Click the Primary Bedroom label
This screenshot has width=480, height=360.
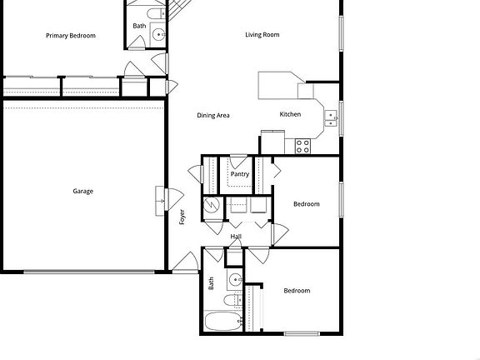(x=71, y=36)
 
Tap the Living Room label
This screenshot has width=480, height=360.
(x=262, y=35)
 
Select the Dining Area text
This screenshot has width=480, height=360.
(x=213, y=115)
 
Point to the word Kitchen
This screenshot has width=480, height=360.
(x=290, y=114)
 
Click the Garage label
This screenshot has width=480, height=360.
(x=82, y=192)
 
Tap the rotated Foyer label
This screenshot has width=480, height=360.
(x=182, y=217)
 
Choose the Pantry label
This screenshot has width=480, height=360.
(x=240, y=174)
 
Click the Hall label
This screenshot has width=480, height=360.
(x=236, y=237)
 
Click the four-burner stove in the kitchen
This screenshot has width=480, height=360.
(x=302, y=146)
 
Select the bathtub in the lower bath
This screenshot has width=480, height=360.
(x=221, y=321)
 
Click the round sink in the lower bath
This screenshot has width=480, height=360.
(x=235, y=279)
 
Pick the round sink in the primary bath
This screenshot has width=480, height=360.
(x=158, y=36)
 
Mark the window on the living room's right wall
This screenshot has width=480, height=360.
(x=340, y=33)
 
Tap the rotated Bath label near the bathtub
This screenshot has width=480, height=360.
(x=212, y=283)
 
